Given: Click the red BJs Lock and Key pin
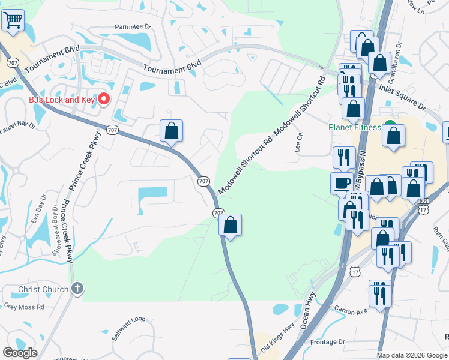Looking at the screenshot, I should (x=103, y=99).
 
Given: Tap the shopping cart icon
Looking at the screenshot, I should (x=12, y=21).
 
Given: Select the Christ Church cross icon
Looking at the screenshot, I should (x=76, y=289).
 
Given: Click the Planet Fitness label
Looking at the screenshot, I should (x=354, y=127).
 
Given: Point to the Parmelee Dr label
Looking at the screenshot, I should (x=133, y=27).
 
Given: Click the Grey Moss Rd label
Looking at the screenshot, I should (x=24, y=306).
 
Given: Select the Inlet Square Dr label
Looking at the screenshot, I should (x=402, y=96).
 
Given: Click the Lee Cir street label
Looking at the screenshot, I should (x=298, y=143).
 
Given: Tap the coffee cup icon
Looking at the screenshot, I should (x=342, y=182).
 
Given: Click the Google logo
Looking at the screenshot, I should (x=20, y=353).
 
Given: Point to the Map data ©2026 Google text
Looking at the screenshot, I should (x=412, y=355).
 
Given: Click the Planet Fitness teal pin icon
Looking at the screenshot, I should (x=390, y=127).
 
